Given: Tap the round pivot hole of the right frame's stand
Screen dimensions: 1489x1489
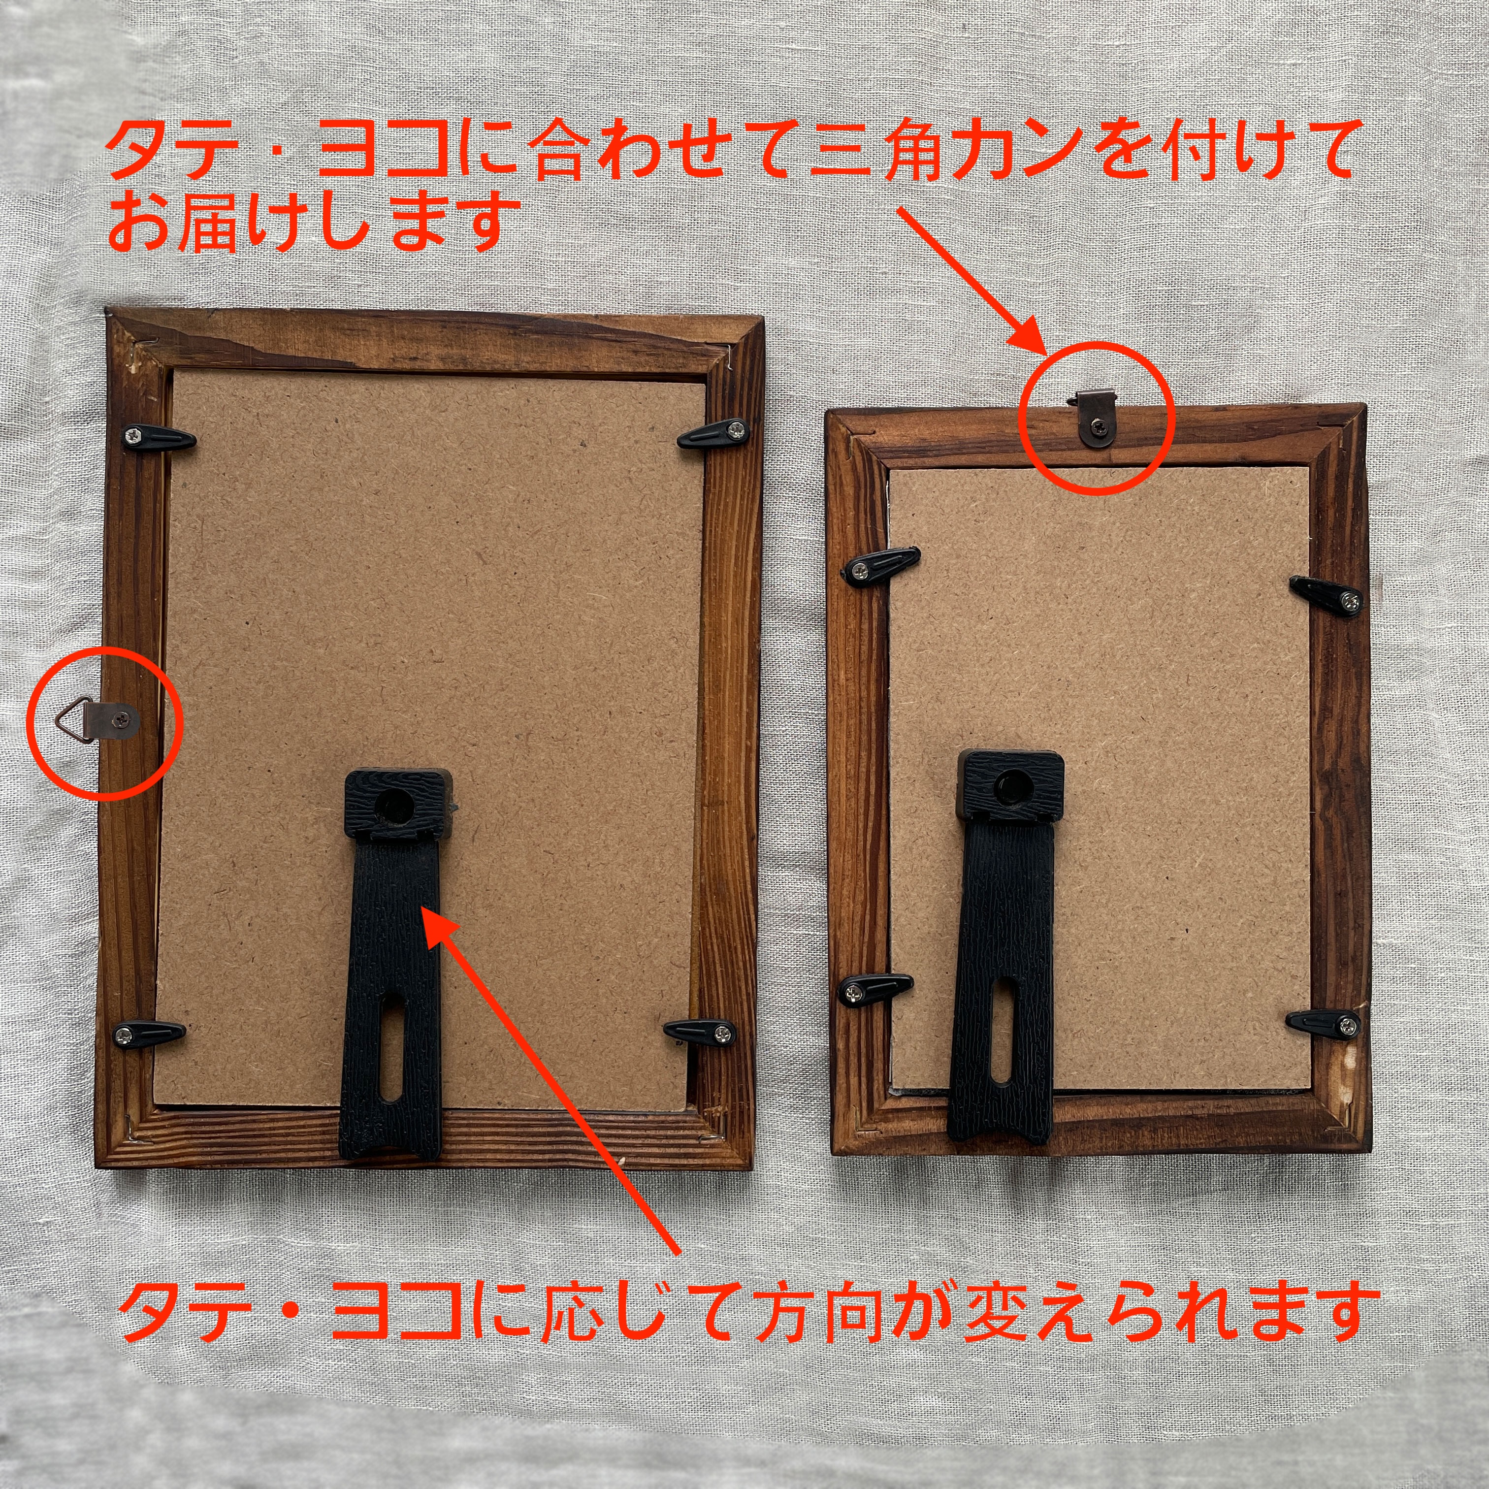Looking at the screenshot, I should [x=1010, y=784].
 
